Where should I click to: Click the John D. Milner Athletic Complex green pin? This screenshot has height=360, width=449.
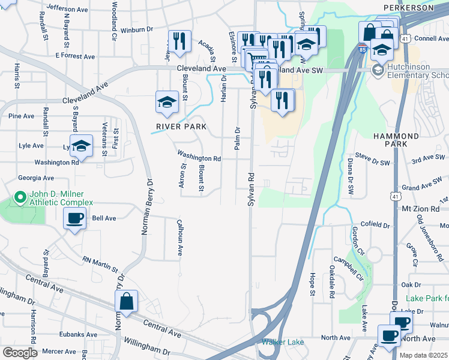[20, 196]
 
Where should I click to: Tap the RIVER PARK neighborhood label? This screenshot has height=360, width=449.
[181, 127]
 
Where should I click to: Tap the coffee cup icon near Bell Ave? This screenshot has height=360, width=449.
[75, 220]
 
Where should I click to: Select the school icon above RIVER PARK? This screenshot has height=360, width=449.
[167, 102]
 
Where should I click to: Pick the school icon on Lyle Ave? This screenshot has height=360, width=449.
[81, 146]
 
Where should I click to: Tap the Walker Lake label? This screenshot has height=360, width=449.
[282, 342]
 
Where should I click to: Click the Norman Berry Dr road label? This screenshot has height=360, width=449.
[144, 206]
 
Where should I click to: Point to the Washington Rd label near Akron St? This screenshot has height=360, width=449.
[199, 158]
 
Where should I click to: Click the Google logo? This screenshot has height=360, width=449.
[20, 353]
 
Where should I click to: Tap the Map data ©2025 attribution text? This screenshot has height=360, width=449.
[423, 355]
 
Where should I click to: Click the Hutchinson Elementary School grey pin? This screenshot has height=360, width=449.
[378, 71]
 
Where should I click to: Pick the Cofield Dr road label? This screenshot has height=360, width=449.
[375, 224]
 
